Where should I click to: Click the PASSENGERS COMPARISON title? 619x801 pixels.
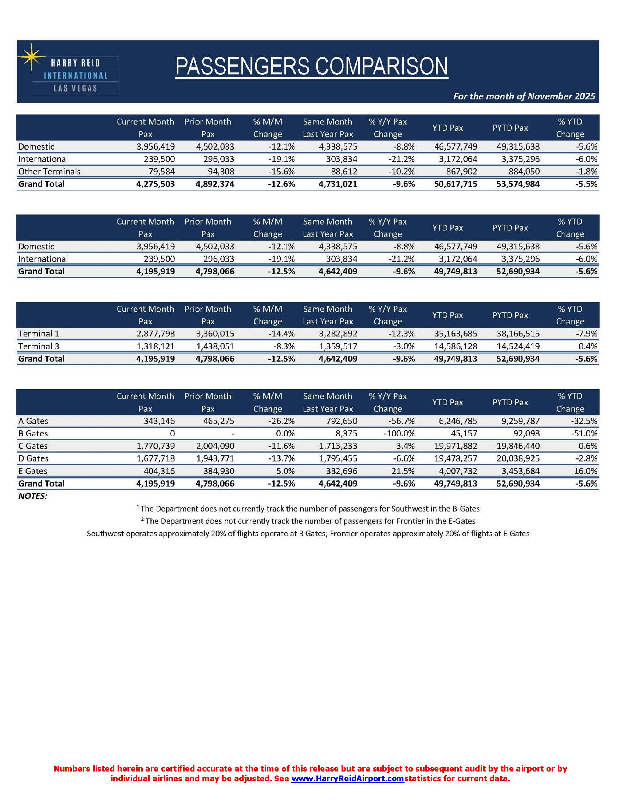point(312,66)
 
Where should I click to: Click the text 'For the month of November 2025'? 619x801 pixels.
point(524,96)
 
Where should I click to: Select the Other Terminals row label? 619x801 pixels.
point(49,171)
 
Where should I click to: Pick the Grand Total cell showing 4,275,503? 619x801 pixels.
point(155,184)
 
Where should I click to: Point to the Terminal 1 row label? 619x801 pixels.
point(39,334)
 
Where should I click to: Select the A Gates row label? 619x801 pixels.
point(33,421)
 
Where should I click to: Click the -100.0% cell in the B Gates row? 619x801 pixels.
point(399,434)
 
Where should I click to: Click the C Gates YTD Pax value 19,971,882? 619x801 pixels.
point(456,446)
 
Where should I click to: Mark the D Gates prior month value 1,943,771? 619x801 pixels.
point(215,458)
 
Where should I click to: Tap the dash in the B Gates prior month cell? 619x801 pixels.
point(233,434)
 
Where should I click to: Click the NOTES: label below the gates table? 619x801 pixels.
point(33,496)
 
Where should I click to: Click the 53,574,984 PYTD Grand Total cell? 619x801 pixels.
point(518,184)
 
